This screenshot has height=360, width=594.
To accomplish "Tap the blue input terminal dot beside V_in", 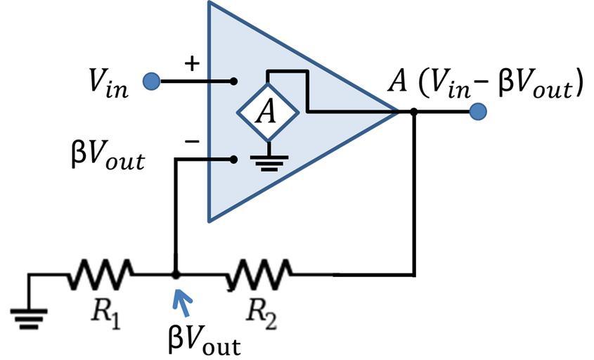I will pyautogui.click(x=151, y=82).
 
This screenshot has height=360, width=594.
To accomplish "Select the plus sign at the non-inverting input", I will pyautogui.click(x=191, y=63).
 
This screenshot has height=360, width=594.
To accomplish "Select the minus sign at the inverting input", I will pyautogui.click(x=192, y=141).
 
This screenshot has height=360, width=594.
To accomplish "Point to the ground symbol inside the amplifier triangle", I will pyautogui.click(x=265, y=162).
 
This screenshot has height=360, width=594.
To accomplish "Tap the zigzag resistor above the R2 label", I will pyautogui.click(x=259, y=274).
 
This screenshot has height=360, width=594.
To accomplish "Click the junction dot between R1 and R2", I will pyautogui.click(x=176, y=275).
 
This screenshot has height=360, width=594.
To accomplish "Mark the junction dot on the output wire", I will pyautogui.click(x=414, y=111).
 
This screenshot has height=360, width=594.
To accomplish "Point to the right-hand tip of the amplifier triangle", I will pyautogui.click(x=396, y=111).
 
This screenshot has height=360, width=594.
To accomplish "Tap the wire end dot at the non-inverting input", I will pyautogui.click(x=234, y=82).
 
